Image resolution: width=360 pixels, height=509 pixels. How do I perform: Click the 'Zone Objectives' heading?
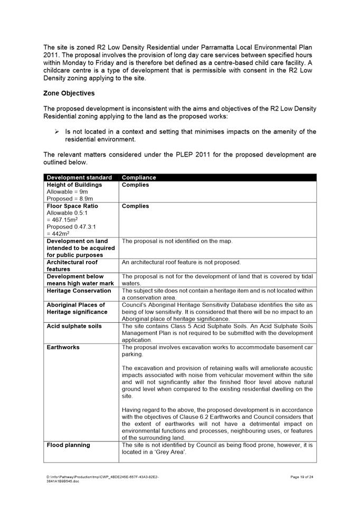coord(69,93)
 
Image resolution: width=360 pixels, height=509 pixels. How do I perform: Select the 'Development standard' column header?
coord(79,178)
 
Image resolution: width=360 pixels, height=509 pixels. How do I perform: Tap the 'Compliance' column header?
coord(139,178)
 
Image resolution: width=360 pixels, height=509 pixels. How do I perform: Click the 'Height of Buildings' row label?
coord(74,185)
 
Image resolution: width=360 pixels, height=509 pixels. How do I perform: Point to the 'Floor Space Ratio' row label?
coord(72,206)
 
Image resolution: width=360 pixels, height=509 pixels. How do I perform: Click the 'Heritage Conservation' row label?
coord(79,291)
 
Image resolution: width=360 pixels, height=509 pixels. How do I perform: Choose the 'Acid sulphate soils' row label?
coord(74,326)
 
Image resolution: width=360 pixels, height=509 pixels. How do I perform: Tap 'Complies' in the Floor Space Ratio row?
coord(135,206)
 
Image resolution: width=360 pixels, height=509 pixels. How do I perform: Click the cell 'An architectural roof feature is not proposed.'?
coord(181,262)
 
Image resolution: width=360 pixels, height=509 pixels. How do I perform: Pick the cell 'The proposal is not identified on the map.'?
coord(177,241)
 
